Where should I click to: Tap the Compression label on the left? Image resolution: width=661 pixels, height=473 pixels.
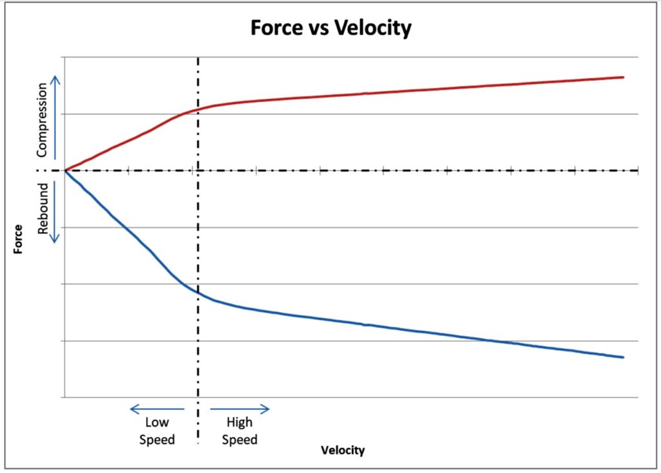42,120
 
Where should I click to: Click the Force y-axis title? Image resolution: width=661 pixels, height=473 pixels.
19,238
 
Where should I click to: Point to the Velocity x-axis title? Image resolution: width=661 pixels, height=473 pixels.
343,450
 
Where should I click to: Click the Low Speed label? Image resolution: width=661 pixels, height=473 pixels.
158,432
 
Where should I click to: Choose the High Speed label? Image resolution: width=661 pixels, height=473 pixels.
240,432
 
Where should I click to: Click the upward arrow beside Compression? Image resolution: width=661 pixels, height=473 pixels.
56,116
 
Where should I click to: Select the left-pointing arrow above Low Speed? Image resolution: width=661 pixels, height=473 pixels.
157,408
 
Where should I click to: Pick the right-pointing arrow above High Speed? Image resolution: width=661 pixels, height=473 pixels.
239,408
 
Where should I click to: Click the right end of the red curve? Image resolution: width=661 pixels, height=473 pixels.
623,77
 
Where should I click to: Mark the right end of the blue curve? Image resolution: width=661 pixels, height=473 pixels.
623,357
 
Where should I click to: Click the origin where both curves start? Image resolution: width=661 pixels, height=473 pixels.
65,171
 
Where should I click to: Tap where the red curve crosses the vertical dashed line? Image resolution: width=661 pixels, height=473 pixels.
198,109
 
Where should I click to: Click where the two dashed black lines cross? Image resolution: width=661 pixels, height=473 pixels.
198,171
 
